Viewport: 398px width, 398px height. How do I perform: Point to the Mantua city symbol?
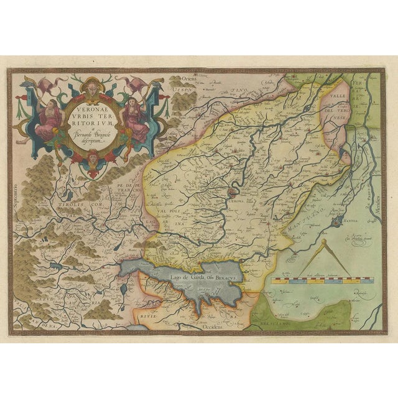click(x=337, y=221)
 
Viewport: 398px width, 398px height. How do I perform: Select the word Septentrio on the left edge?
click(x=14, y=187)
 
